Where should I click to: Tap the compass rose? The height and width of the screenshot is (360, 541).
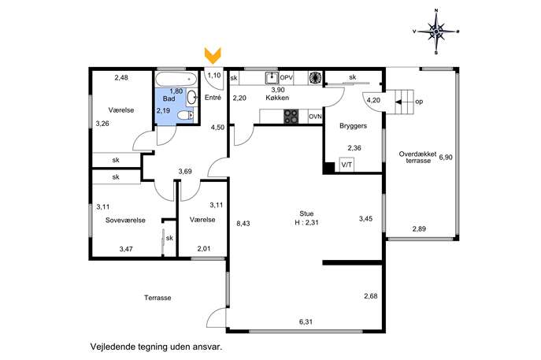(x=436, y=32)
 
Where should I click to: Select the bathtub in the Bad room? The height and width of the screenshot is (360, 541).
(x=176, y=80)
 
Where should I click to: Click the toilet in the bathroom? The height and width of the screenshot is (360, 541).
(x=186, y=115)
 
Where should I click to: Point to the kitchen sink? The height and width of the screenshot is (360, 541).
(x=272, y=78)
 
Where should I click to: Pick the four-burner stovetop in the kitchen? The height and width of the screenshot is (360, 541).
(x=291, y=117)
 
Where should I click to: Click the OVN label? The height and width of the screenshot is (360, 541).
(x=315, y=117)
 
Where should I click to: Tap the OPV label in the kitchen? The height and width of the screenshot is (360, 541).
(x=287, y=78)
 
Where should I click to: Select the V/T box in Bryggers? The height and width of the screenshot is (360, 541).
(x=346, y=165)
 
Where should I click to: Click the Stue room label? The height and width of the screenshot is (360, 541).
(x=306, y=213)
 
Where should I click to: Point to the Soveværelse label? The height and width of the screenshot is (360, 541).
(x=125, y=221)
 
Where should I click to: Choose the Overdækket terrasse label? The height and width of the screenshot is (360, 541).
(x=418, y=158)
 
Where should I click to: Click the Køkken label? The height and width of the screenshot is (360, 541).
(x=277, y=98)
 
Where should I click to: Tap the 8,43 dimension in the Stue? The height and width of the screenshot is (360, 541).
(x=243, y=224)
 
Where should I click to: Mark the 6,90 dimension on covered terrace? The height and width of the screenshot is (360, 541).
(x=446, y=158)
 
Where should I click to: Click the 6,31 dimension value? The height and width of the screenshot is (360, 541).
(x=306, y=322)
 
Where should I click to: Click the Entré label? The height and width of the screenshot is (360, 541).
(x=213, y=98)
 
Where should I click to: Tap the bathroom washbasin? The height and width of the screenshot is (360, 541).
(x=192, y=98)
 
